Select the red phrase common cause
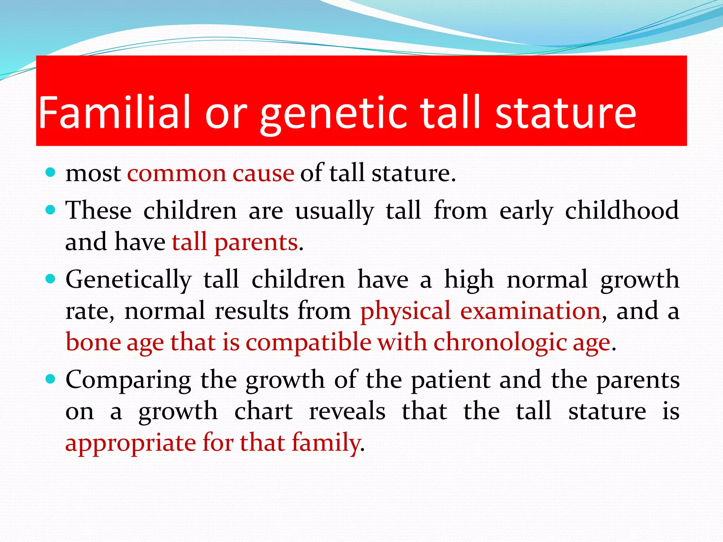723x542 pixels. point(210,174)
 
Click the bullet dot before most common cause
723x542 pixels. point(51,173)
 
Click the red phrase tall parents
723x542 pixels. point(235,243)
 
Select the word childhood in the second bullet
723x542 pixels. point(622,210)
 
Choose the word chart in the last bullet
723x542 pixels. point(263,411)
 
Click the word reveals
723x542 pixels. point(347,411)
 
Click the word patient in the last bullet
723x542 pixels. point(451,380)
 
